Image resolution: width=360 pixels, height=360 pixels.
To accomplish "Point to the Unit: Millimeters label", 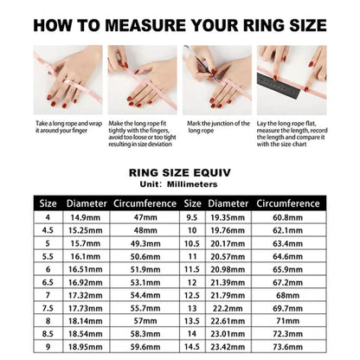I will point(179,183).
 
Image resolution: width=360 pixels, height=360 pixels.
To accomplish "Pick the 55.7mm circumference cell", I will point(145,307).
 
